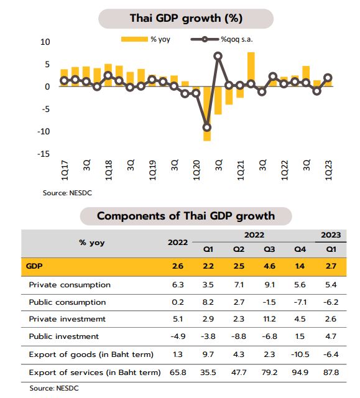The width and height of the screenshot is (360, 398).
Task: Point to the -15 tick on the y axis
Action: coord(44,154)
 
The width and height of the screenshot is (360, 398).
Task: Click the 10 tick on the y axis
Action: coord(45,42)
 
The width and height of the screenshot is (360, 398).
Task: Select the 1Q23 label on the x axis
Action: coord(328,170)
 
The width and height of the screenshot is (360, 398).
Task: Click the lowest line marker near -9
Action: coord(207,127)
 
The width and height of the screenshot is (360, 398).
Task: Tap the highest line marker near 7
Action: coord(218,56)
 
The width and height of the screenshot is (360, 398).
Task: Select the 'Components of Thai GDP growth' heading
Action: coord(185,216)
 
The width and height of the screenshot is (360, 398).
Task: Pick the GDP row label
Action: coord(34,266)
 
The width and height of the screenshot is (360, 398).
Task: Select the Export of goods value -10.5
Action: coord(300,354)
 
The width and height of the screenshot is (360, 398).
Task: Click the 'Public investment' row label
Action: coord(64,336)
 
